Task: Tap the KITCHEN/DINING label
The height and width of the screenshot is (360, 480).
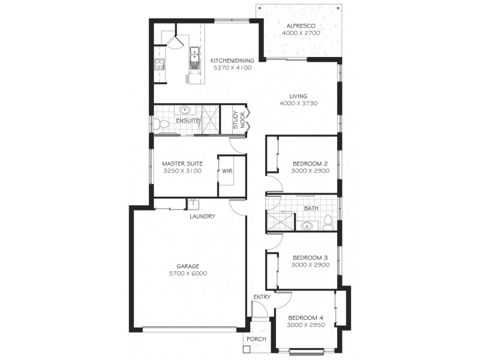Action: pos(232,61)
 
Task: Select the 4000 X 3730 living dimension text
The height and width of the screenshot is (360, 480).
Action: pos(298,104)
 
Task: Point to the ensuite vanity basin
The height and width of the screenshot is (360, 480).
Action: pos(185,110)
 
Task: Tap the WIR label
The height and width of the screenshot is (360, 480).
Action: pos(227,171)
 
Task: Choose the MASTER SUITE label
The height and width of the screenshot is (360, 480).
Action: pos(182,163)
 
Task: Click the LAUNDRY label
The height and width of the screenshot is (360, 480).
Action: pos(202,217)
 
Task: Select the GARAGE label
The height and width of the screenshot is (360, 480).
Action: pos(187,266)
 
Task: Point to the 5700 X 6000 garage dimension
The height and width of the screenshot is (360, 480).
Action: pos(187,274)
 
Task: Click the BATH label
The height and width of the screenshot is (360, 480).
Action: pos(311,209)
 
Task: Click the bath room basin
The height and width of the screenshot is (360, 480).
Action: pos(308,226)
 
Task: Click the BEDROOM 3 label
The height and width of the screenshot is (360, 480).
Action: pos(310,257)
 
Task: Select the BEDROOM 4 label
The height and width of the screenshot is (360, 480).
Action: pos(305,318)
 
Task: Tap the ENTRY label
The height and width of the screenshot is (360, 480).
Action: pos(262,297)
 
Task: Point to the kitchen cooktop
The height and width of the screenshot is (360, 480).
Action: pos(160,65)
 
